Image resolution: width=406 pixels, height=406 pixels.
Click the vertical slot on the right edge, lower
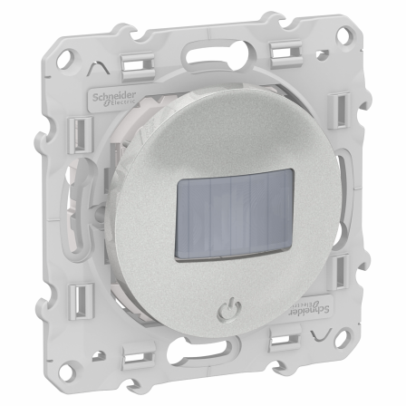point(362,272)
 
